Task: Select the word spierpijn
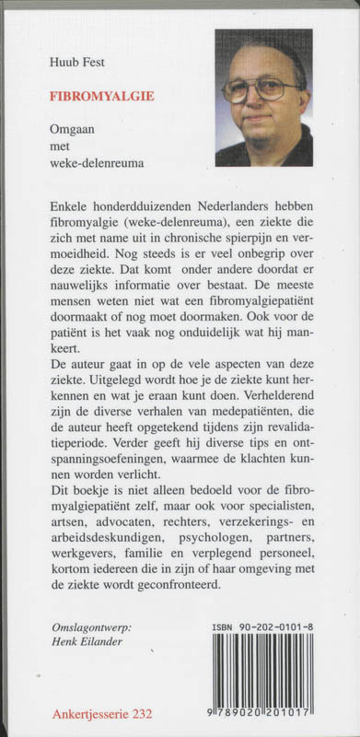click(237, 232)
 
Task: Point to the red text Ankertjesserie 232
click(101, 713)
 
